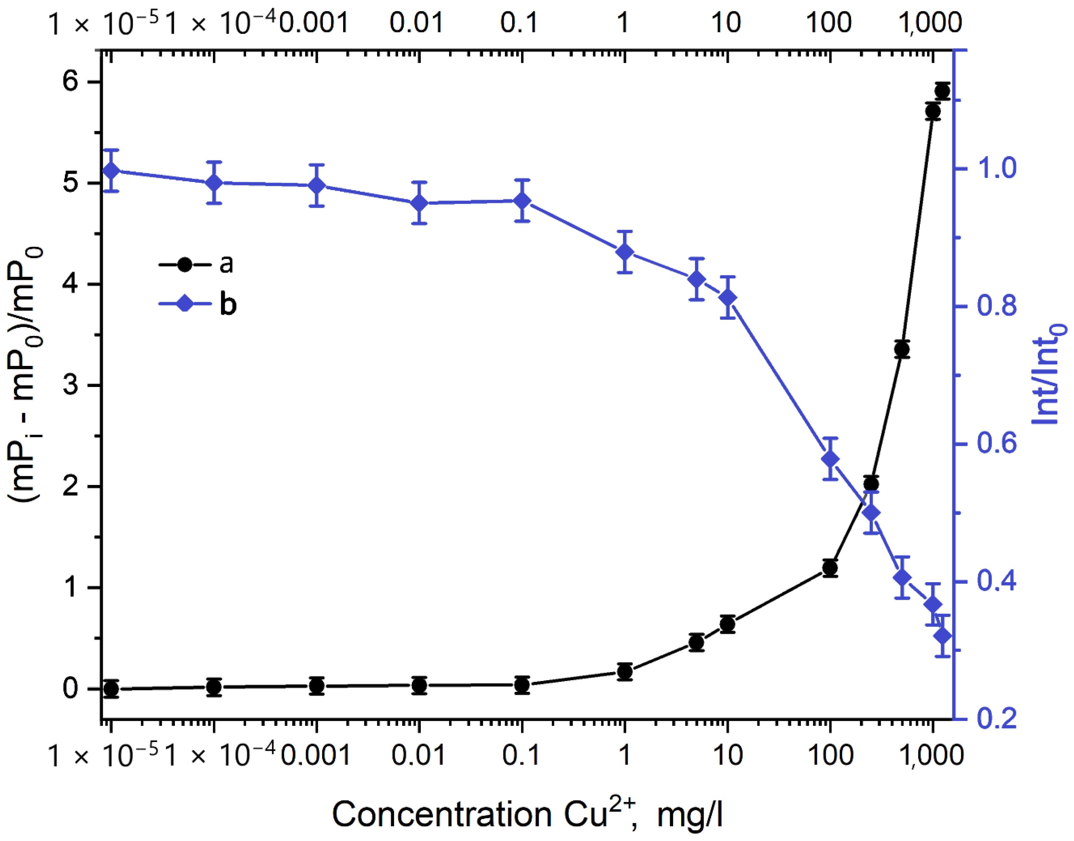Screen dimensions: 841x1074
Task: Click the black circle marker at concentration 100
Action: pos(830,568)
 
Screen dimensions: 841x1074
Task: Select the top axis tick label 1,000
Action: pos(930,23)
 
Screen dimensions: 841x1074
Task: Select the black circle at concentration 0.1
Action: pos(522,685)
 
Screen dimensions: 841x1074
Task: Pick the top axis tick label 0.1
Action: pos(520,23)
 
